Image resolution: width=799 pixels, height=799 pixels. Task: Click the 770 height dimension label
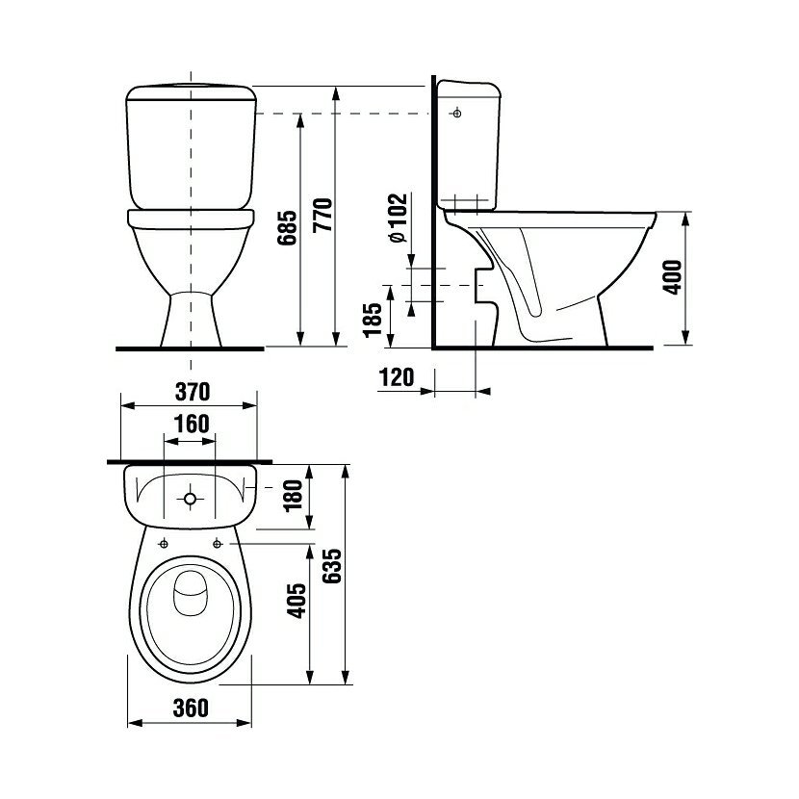point(323,215)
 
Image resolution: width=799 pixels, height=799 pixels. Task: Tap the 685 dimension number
point(288,227)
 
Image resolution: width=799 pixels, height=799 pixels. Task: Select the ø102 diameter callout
point(398,218)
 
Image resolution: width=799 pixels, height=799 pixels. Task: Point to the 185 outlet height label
point(373,320)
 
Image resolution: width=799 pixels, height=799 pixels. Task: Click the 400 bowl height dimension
point(672,276)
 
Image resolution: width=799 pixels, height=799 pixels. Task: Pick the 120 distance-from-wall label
point(397,377)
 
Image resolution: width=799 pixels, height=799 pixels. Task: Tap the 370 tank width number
point(193,392)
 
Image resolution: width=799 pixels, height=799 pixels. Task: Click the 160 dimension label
point(192,424)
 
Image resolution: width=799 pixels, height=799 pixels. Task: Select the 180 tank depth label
point(293,496)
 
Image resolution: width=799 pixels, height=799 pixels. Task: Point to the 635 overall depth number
point(332,566)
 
